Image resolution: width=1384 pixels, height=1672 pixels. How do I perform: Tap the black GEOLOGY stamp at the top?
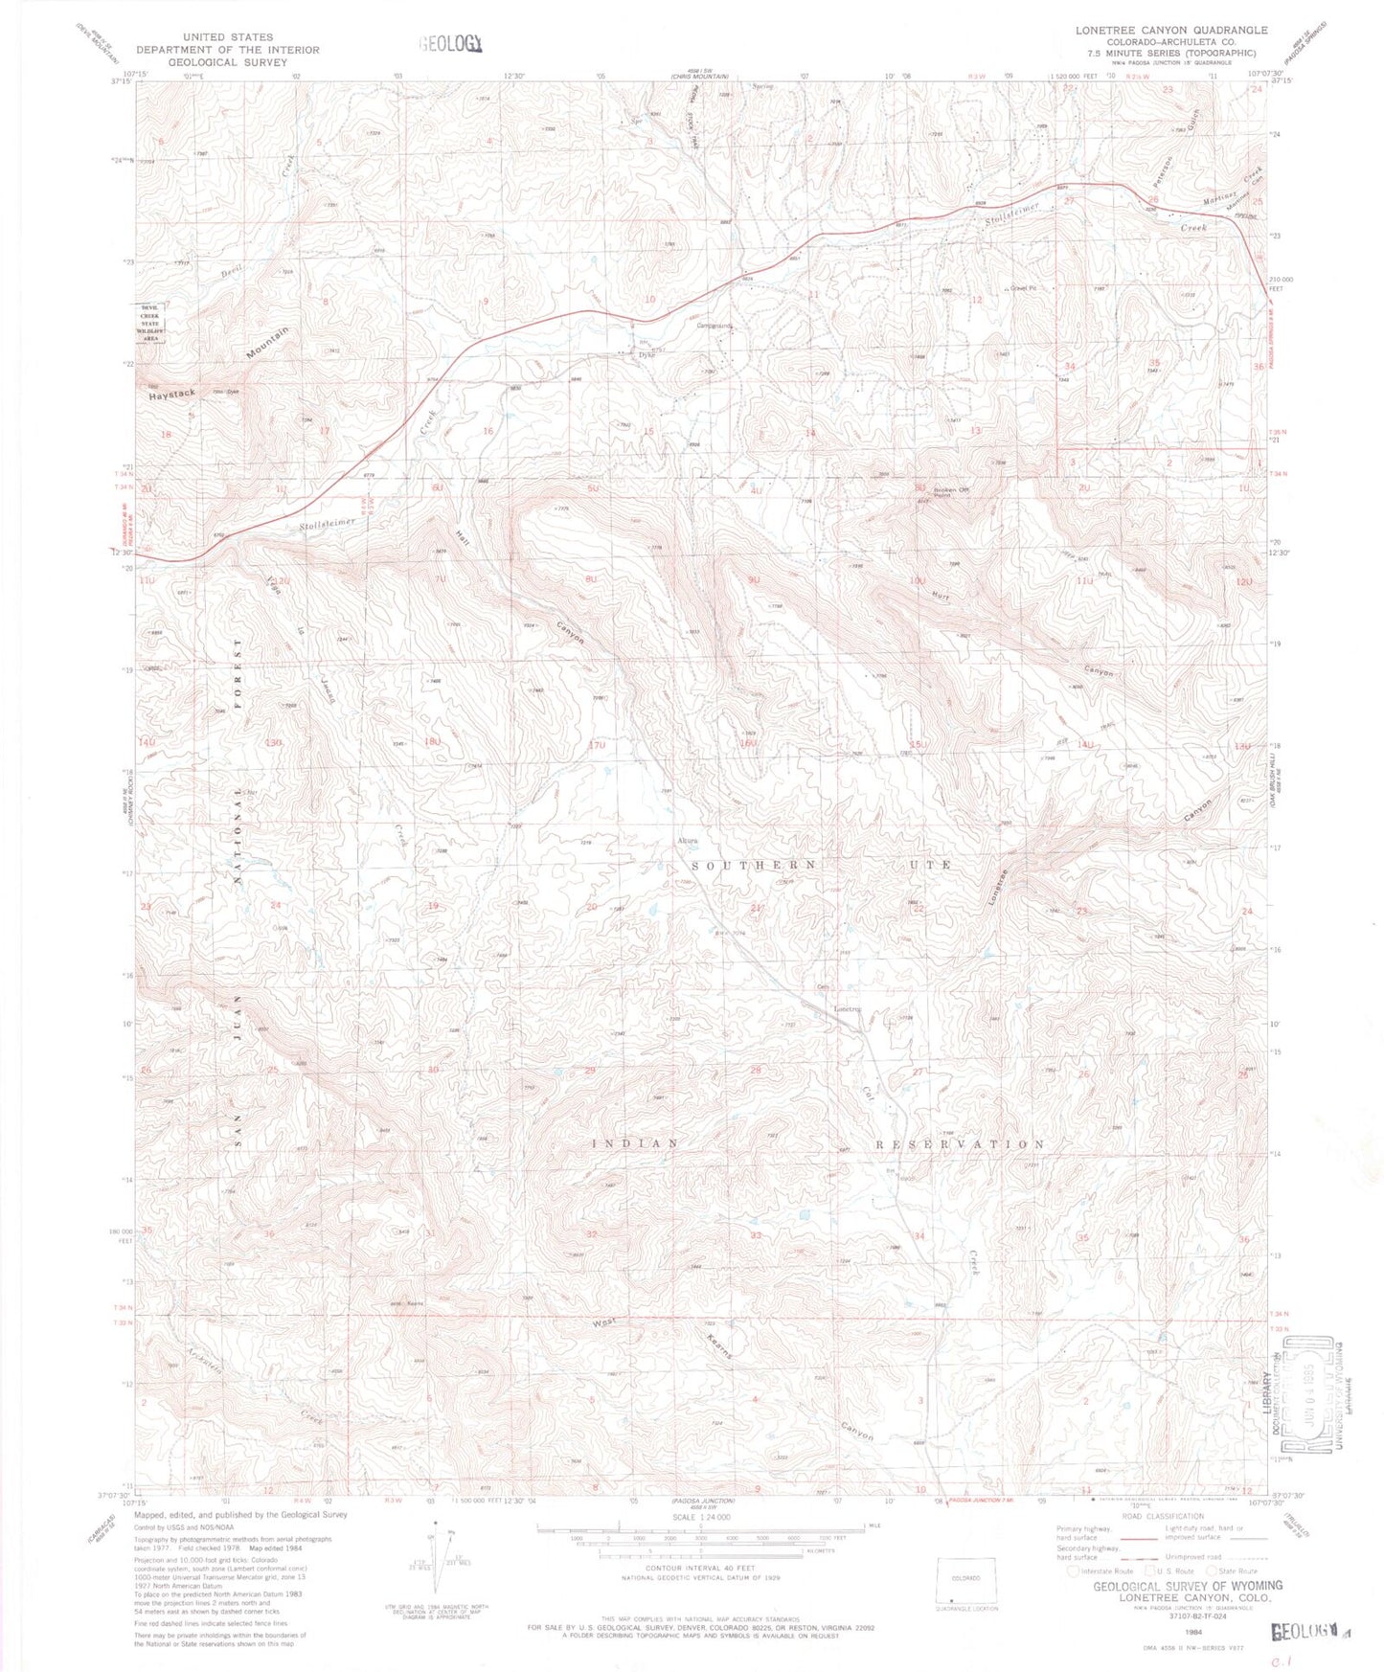pyautogui.click(x=450, y=42)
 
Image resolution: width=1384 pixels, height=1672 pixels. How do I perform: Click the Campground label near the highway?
pyautogui.click(x=714, y=326)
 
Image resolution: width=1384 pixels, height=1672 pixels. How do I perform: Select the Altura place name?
pyautogui.click(x=688, y=842)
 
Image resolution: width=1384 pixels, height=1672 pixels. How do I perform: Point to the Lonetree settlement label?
pyautogui.click(x=848, y=1009)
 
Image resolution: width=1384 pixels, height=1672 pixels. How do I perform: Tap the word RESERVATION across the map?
pyautogui.click(x=961, y=1144)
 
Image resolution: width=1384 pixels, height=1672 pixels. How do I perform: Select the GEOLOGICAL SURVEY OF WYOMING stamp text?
pyautogui.click(x=1188, y=1587)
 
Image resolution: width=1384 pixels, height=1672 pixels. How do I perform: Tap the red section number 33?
pyautogui.click(x=756, y=1236)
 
